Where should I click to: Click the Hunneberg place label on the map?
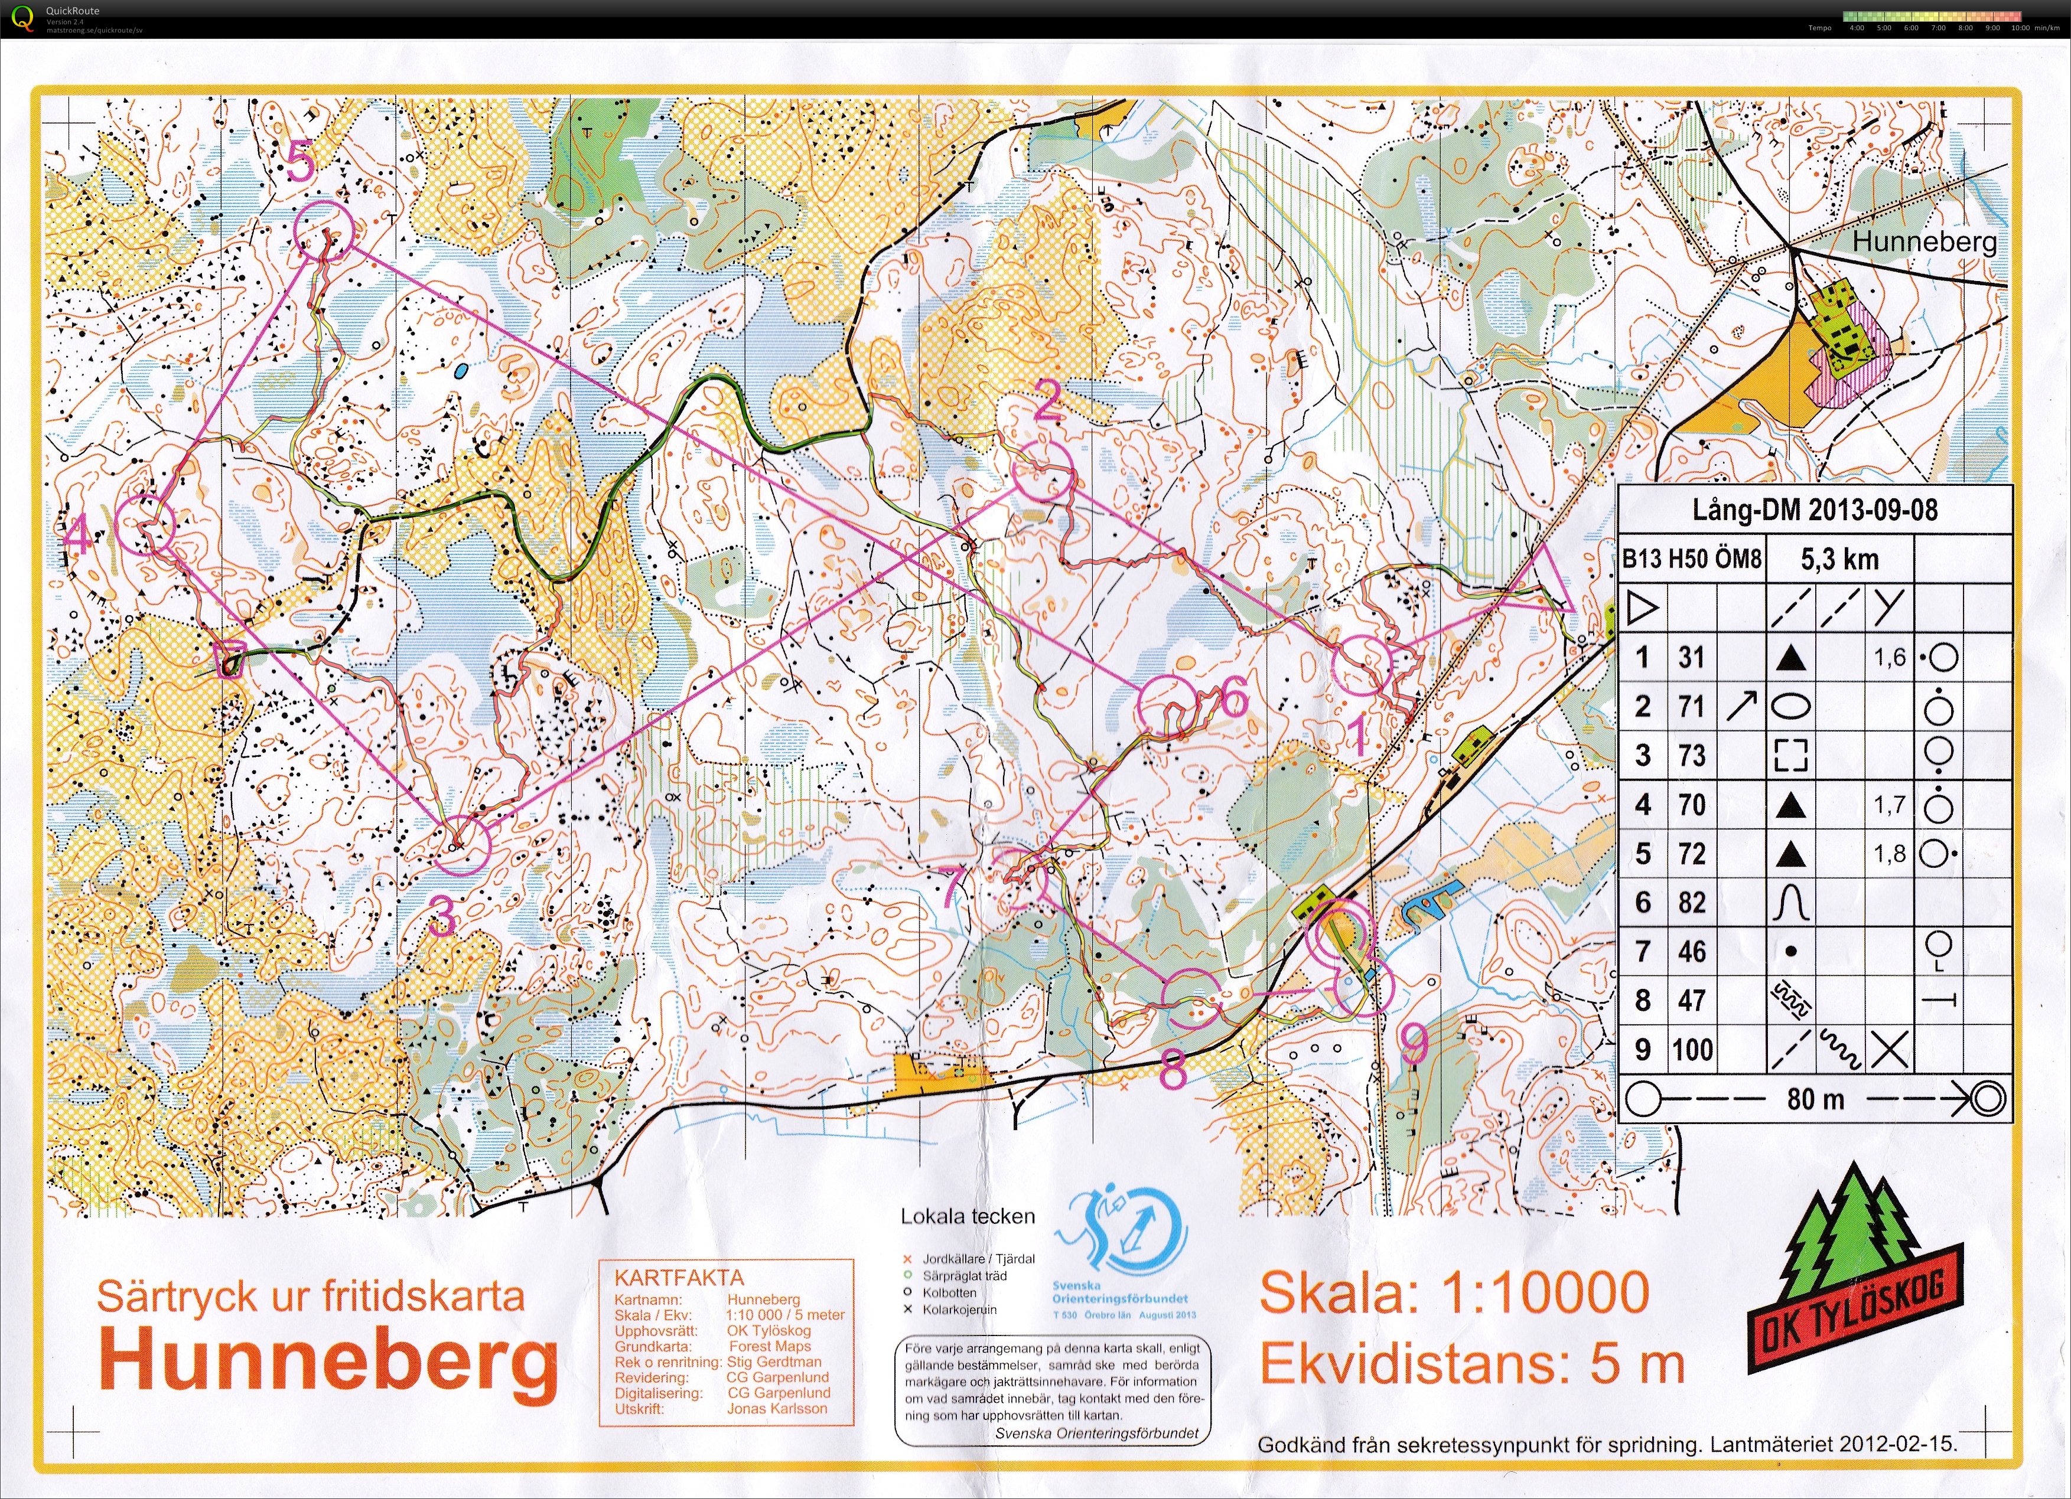coord(1924,242)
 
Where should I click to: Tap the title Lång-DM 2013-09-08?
coord(1815,510)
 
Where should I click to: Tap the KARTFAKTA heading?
coord(679,1277)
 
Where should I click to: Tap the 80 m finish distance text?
coord(1815,1099)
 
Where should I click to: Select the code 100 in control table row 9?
coord(1692,1050)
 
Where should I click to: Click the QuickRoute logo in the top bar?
coord(25,17)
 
